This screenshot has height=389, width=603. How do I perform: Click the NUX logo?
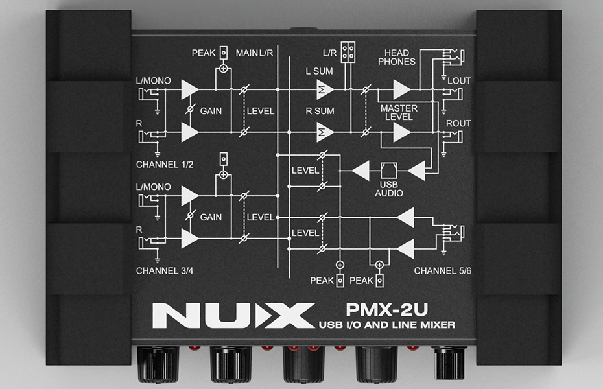point(233,316)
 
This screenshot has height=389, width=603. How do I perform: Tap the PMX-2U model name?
point(387,309)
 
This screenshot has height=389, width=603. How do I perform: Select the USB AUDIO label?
point(389,189)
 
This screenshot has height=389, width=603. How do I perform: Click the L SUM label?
point(319,71)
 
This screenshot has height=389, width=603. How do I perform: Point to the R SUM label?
point(320,111)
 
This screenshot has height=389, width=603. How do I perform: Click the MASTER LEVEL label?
point(399,113)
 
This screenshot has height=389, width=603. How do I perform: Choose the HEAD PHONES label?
point(397,57)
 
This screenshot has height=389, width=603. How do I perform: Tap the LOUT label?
point(459,81)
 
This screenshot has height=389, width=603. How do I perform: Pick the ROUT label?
point(458,123)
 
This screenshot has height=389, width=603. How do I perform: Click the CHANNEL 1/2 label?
point(165,165)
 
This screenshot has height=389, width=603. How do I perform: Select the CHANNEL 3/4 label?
point(165,271)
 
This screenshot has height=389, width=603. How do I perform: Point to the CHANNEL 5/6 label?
point(443,271)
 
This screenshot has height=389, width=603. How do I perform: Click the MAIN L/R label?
point(254,53)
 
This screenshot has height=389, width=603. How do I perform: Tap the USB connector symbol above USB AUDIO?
point(389,171)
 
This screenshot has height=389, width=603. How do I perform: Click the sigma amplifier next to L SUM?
point(324,89)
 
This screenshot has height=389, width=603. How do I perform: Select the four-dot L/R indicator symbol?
point(348,53)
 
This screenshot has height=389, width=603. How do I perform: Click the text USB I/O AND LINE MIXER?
point(387,325)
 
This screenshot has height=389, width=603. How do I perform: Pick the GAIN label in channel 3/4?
point(211,217)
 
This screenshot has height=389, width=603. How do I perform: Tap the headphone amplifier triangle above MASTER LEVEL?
point(401,89)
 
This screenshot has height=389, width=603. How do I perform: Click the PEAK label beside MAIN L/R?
point(204,53)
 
